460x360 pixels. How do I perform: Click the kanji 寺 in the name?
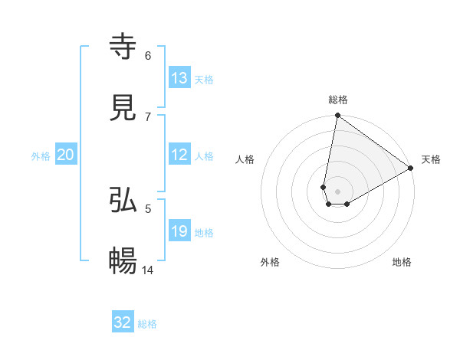point(123,47)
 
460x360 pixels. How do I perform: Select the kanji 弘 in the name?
point(123,201)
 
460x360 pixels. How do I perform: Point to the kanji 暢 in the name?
point(123,261)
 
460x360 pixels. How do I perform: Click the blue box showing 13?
point(179,78)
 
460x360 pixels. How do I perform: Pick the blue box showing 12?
point(179,155)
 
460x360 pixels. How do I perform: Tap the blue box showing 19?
point(179,231)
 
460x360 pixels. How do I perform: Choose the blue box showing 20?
point(66,155)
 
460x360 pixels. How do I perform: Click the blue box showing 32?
point(123,322)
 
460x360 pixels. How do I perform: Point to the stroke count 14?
point(149,270)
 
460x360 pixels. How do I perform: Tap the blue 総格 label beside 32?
point(147,324)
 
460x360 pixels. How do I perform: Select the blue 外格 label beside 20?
point(41,156)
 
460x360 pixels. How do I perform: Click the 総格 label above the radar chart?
point(338,100)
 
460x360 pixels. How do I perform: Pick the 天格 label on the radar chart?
point(431,159)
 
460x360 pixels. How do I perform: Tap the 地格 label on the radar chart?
point(402,262)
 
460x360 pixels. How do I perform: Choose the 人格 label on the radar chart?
point(245,159)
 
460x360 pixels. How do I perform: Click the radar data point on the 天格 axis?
point(411,169)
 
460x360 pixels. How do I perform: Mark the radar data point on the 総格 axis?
point(337,116)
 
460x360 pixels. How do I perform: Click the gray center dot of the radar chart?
point(337,191)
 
